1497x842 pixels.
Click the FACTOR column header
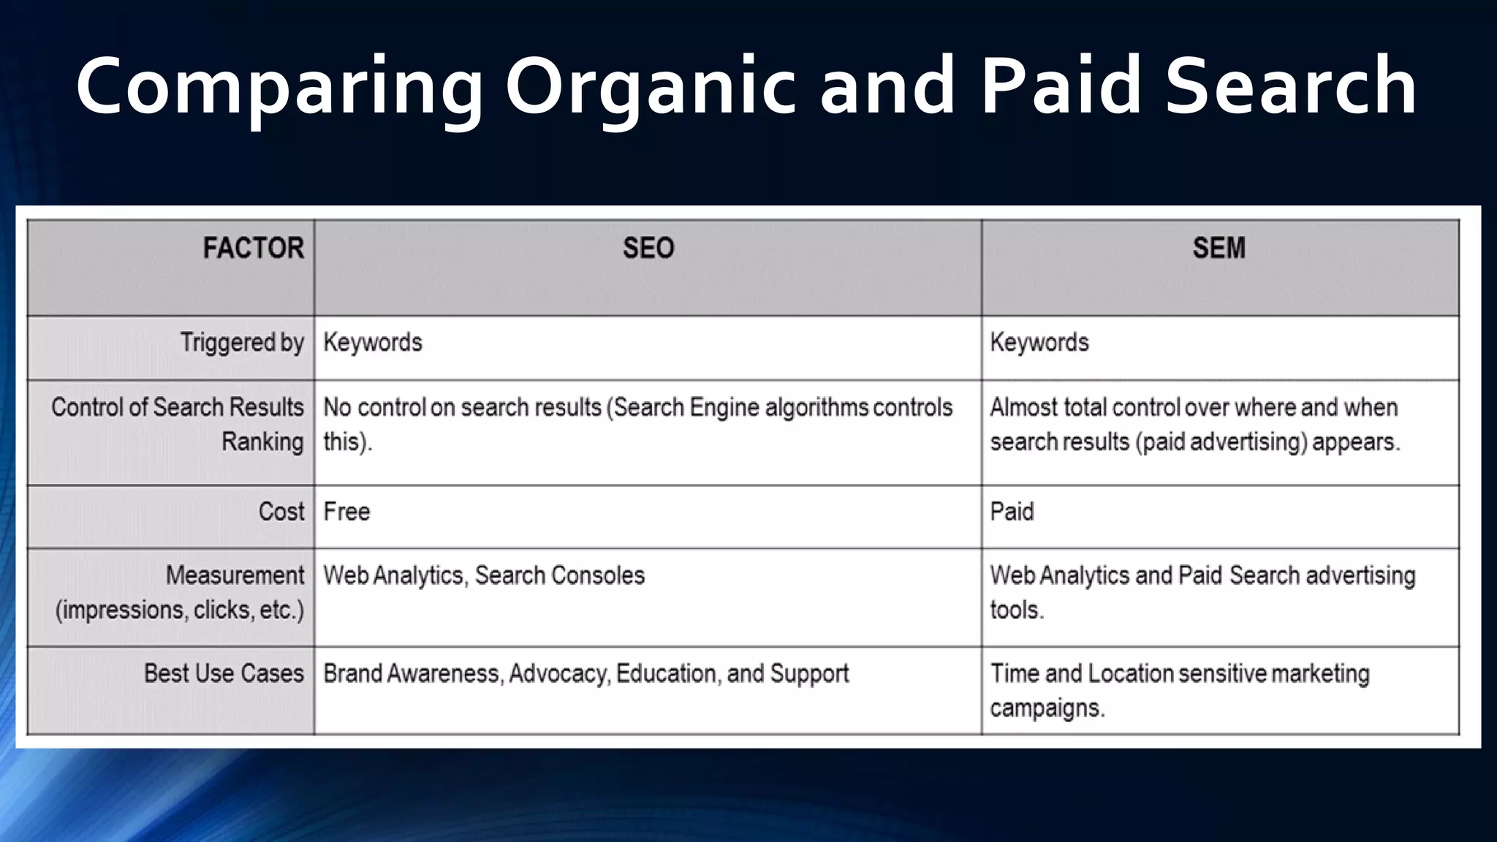(253, 249)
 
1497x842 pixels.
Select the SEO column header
(648, 249)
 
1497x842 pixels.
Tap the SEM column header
(1219, 249)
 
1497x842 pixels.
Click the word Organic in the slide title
(650, 88)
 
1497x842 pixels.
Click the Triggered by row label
(242, 343)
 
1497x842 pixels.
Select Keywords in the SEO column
(373, 343)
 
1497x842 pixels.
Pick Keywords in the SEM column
(1039, 343)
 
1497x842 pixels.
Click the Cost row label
(281, 512)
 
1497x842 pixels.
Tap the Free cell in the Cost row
(346, 512)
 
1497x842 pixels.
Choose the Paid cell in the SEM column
(1012, 512)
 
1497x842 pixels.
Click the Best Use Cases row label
(224, 673)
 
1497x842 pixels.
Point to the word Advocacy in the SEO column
(558, 674)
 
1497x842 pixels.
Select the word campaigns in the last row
(1047, 708)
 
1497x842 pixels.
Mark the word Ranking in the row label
(262, 442)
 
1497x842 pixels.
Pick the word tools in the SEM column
(1016, 610)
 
